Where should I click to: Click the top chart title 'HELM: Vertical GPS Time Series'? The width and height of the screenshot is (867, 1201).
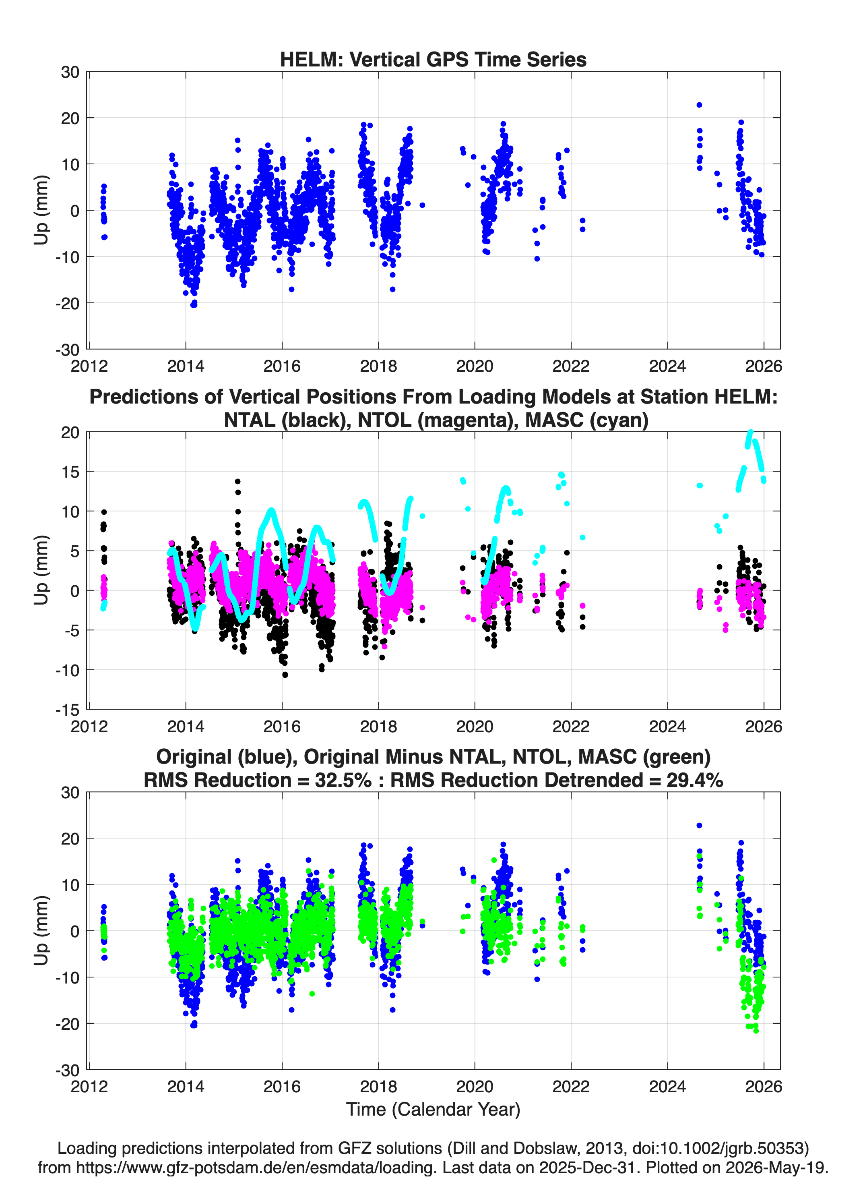(x=433, y=59)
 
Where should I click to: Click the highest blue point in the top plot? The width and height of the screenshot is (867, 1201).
(x=699, y=105)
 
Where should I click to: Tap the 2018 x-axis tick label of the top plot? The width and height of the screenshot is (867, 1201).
(x=378, y=366)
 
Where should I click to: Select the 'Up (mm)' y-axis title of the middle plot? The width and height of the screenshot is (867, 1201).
(x=41, y=570)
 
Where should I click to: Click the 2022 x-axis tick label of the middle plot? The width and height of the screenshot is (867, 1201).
(x=571, y=726)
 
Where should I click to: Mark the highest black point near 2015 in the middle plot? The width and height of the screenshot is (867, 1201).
(x=237, y=481)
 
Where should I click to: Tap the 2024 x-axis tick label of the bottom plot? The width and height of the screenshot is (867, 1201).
(x=667, y=1086)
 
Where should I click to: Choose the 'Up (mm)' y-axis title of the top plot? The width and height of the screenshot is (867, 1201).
(x=41, y=210)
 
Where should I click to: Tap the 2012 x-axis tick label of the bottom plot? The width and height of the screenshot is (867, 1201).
(x=89, y=1086)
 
